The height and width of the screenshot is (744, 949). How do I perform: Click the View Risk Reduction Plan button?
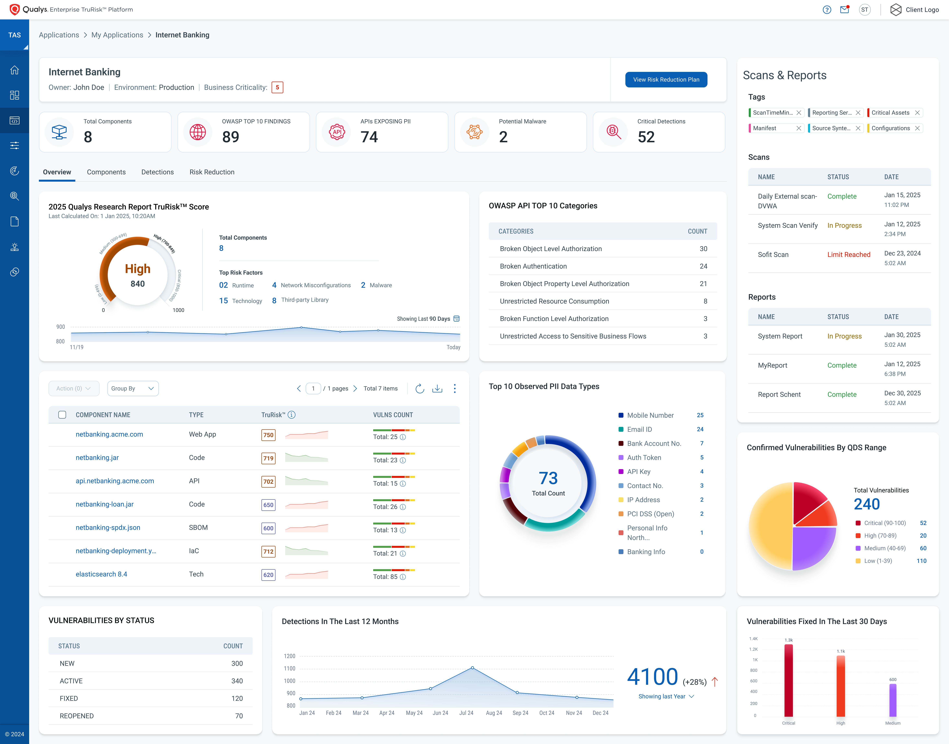(666, 80)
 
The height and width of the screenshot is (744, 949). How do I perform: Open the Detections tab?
(157, 172)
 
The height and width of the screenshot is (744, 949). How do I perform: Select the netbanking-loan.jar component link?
(105, 504)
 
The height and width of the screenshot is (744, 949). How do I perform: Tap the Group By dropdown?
(132, 389)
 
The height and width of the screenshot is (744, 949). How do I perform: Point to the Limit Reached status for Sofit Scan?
(848, 254)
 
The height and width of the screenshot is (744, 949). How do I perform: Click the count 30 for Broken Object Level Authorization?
(703, 249)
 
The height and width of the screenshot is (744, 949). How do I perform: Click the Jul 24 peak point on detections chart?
(472, 668)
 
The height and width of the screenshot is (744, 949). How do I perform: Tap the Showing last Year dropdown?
(666, 697)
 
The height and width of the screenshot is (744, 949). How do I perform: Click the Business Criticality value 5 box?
(277, 88)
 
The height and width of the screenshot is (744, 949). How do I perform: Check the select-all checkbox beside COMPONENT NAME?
(62, 415)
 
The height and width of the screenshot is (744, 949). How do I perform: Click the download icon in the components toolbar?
(437, 389)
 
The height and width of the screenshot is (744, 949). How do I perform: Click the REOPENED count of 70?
(239, 716)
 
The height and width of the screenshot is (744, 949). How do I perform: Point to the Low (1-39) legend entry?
(878, 561)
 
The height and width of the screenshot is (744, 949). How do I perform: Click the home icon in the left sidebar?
(14, 70)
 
